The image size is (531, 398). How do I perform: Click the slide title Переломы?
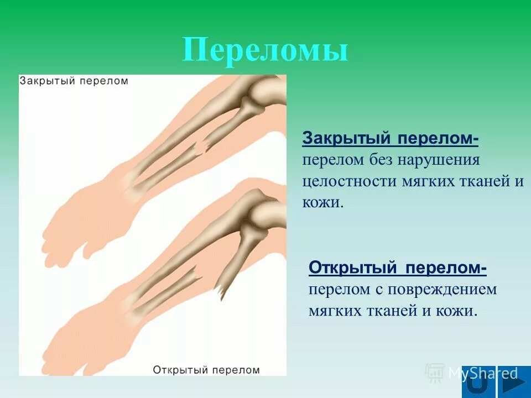click(x=265, y=50)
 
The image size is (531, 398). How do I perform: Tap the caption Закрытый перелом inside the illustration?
click(x=74, y=81)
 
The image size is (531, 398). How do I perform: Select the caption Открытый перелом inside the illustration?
click(x=206, y=369)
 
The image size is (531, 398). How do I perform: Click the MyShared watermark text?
click(x=482, y=373)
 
